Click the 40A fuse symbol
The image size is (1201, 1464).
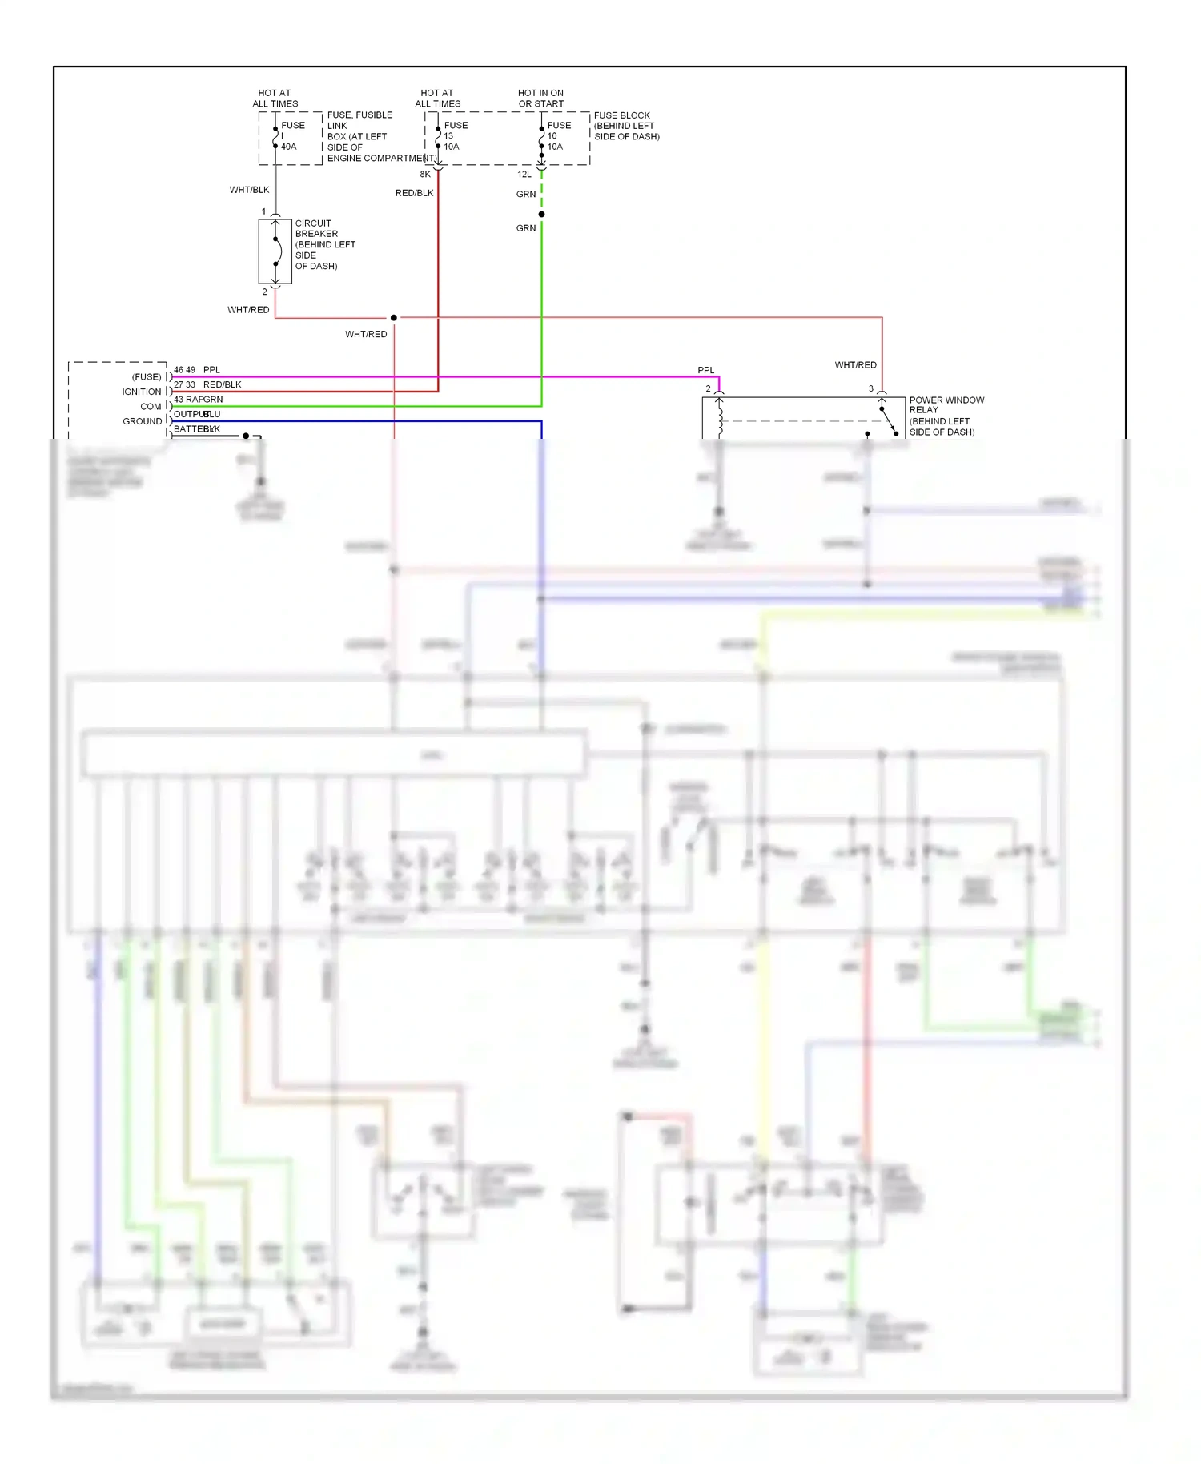pos(275,137)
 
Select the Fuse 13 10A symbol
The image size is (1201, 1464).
pos(438,137)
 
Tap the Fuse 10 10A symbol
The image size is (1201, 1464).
pos(541,137)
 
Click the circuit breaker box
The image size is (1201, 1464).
pos(275,251)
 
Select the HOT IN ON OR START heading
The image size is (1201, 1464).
pos(540,98)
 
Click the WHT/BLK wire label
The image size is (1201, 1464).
pos(249,190)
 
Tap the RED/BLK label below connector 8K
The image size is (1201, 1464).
pos(414,193)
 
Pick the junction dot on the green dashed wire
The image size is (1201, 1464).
pos(541,214)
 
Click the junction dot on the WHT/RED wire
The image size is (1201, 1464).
pos(393,318)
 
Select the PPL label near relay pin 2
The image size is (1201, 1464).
pos(705,370)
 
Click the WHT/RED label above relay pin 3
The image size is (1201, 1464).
pos(855,365)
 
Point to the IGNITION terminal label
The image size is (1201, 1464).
pos(141,392)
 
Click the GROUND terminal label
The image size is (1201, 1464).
pos(142,421)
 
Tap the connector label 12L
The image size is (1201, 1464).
pos(524,174)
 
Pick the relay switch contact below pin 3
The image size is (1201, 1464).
pos(889,421)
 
